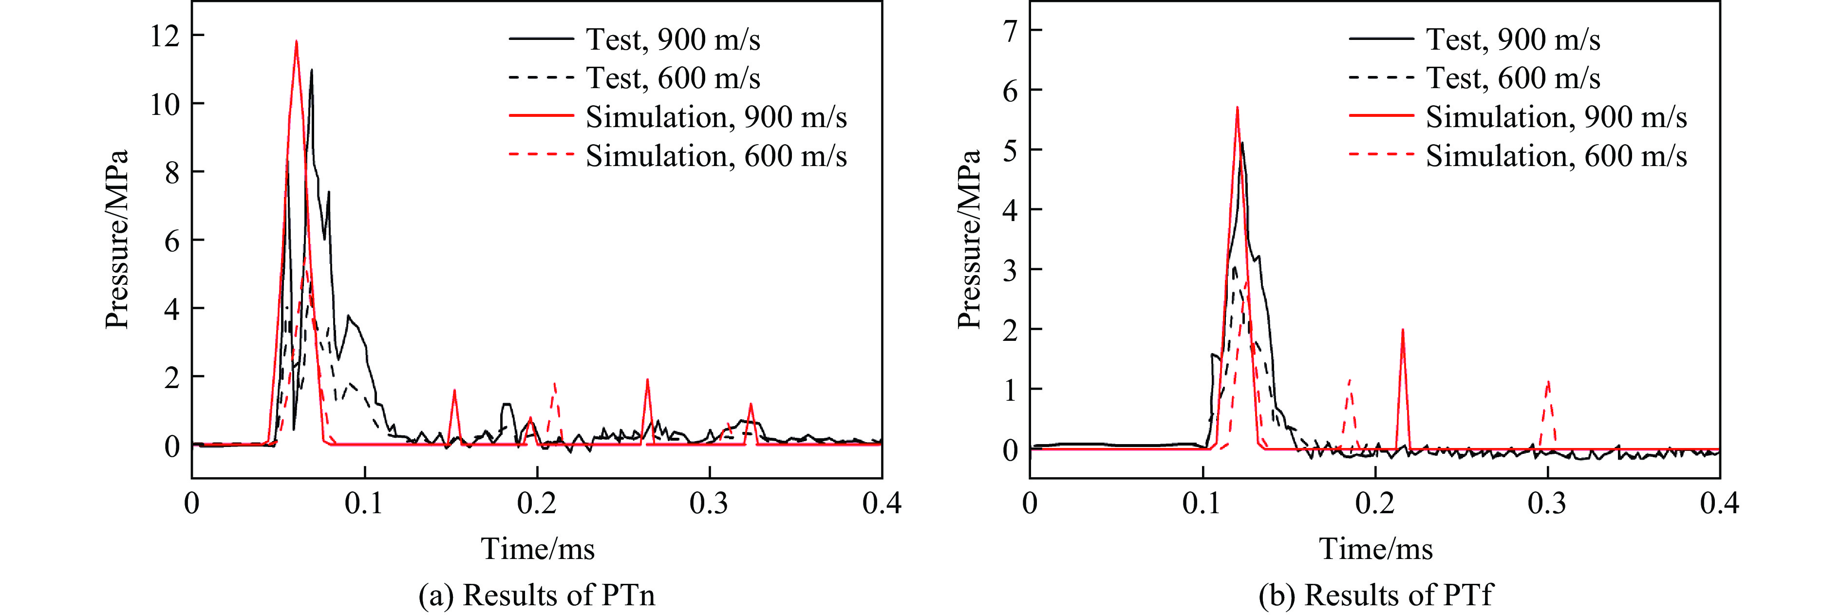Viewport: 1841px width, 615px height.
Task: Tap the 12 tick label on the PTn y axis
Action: (165, 36)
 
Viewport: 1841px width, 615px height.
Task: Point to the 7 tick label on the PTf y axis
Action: (1010, 31)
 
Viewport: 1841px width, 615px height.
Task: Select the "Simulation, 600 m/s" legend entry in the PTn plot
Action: (716, 156)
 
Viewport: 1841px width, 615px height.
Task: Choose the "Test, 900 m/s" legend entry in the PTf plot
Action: (1513, 39)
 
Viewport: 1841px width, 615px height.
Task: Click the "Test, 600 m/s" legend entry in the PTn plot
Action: (673, 78)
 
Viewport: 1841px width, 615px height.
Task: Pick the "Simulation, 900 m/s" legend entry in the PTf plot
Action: (1556, 117)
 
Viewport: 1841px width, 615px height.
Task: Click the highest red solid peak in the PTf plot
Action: (1237, 108)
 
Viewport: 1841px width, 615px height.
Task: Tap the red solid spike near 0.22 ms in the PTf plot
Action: (1403, 331)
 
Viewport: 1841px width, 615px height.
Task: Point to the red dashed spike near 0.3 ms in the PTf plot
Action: (1548, 383)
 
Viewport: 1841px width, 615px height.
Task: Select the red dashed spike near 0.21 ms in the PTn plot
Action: (555, 384)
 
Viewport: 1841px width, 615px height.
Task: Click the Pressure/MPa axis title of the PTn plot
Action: (116, 239)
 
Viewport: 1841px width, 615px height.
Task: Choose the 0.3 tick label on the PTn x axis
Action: (709, 503)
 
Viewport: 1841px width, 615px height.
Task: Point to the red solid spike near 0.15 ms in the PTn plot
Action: (454, 391)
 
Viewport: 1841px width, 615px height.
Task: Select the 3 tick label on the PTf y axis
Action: (1010, 270)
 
